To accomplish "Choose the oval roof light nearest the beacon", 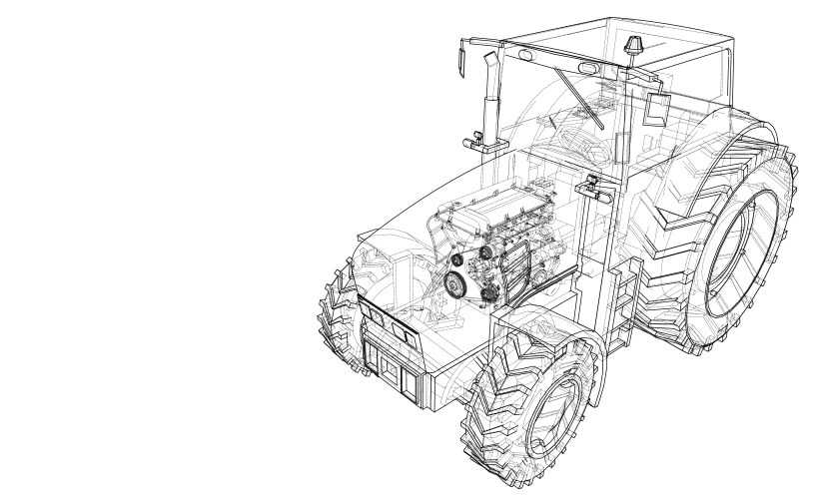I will click(589, 69).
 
